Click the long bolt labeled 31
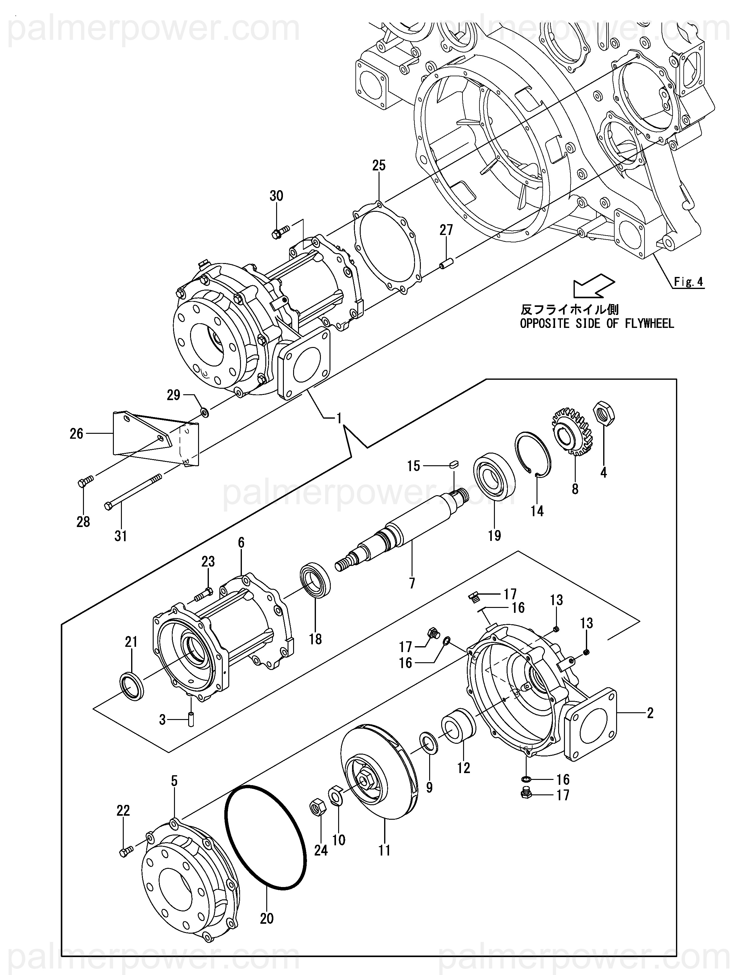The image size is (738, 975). pyautogui.click(x=133, y=492)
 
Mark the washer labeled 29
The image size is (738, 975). pyautogui.click(x=205, y=412)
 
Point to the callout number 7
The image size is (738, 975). pyautogui.click(x=412, y=584)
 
